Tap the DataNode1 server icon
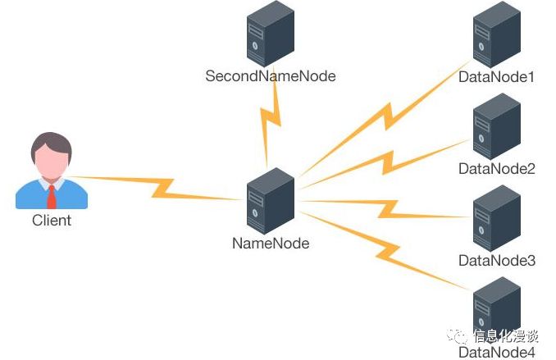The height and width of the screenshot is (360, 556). click(497, 35)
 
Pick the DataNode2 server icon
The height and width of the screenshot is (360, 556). click(497, 126)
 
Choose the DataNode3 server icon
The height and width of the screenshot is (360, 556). click(497, 218)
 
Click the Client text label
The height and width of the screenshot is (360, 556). click(52, 221)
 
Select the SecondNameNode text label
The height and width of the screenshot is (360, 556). click(271, 76)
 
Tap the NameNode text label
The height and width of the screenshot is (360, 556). click(271, 243)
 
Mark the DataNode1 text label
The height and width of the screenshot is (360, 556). click(497, 78)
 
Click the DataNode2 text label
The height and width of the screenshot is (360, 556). click(497, 169)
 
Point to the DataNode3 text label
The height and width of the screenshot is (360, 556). click(497, 261)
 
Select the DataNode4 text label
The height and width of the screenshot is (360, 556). click(497, 353)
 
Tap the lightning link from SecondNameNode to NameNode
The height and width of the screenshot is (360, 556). click(270, 119)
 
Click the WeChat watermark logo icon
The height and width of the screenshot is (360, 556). click(458, 336)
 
